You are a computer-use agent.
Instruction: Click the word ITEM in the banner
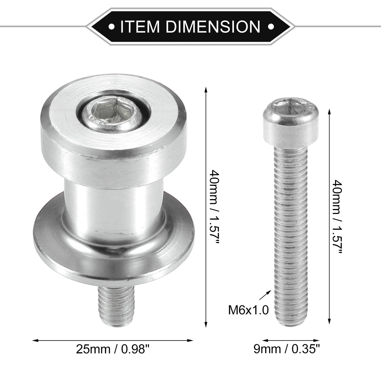(140, 26)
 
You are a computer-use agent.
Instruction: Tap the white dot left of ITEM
(112, 26)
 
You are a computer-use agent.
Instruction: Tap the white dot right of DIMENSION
(271, 26)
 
